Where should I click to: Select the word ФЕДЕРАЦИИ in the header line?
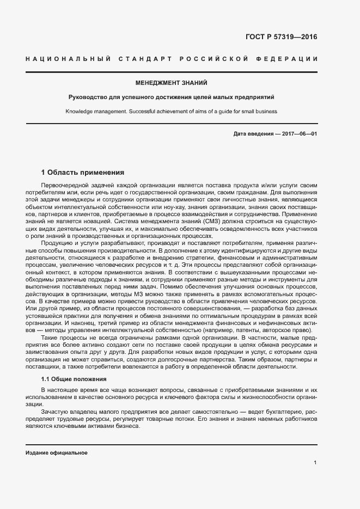tap(290, 58)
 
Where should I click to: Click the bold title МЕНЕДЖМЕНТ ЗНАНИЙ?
tap(172, 83)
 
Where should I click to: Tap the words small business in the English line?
tap(260, 112)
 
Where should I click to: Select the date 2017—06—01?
tap(299, 134)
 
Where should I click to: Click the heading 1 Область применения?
tap(83, 173)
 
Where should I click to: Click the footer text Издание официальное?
tap(57, 453)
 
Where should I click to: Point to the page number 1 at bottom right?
tap(315, 463)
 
